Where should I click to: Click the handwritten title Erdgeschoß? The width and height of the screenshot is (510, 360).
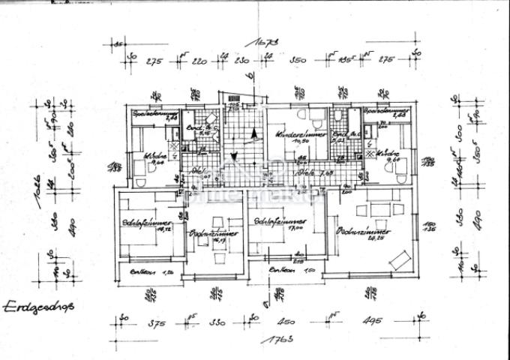(x=31, y=307)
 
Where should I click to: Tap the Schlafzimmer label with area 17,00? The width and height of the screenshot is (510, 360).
(x=274, y=223)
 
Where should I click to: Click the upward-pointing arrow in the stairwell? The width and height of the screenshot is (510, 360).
(x=255, y=133)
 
